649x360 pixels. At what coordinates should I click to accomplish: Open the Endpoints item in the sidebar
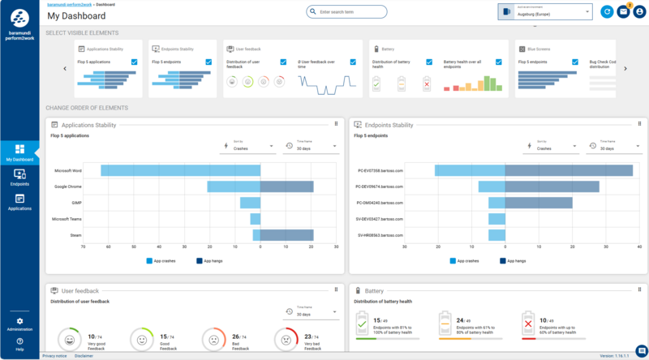(x=19, y=178)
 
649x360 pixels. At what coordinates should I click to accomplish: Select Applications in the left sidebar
(x=19, y=202)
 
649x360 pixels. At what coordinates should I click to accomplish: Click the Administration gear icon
(x=19, y=322)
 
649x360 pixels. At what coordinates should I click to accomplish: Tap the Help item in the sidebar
(x=19, y=344)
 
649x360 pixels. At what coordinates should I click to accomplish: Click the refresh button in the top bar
(x=607, y=12)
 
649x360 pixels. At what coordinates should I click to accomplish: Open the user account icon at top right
(x=640, y=12)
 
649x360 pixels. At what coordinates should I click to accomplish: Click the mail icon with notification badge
(x=623, y=12)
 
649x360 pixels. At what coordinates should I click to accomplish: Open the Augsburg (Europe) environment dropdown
(x=545, y=12)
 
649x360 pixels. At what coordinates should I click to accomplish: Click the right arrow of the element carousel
(x=625, y=69)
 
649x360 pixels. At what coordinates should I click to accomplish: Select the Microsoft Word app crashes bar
(x=180, y=170)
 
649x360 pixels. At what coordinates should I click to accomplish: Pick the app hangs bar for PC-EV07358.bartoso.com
(x=568, y=170)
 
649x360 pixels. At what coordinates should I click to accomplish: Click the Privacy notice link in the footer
(x=54, y=356)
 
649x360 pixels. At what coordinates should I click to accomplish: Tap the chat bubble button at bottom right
(x=640, y=349)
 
